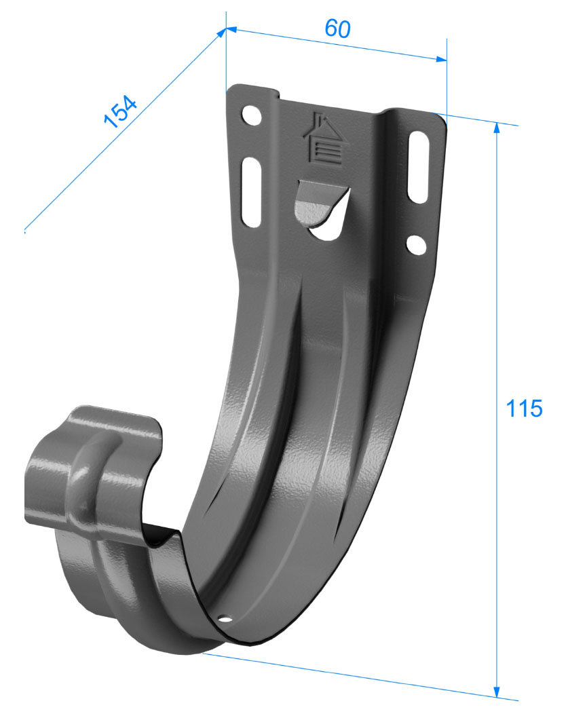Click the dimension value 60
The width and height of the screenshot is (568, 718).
[x=337, y=29]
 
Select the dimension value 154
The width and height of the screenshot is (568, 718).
[x=120, y=111]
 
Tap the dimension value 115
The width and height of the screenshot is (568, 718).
[x=524, y=409]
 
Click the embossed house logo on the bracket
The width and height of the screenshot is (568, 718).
[x=324, y=138]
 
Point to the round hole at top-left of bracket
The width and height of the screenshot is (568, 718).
[x=252, y=116]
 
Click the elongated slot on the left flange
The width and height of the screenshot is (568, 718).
[x=251, y=192]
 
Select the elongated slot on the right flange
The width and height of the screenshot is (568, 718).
[x=418, y=167]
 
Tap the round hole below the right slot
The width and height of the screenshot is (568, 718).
[x=416, y=245]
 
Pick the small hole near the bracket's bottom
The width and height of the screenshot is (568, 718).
[x=226, y=619]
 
